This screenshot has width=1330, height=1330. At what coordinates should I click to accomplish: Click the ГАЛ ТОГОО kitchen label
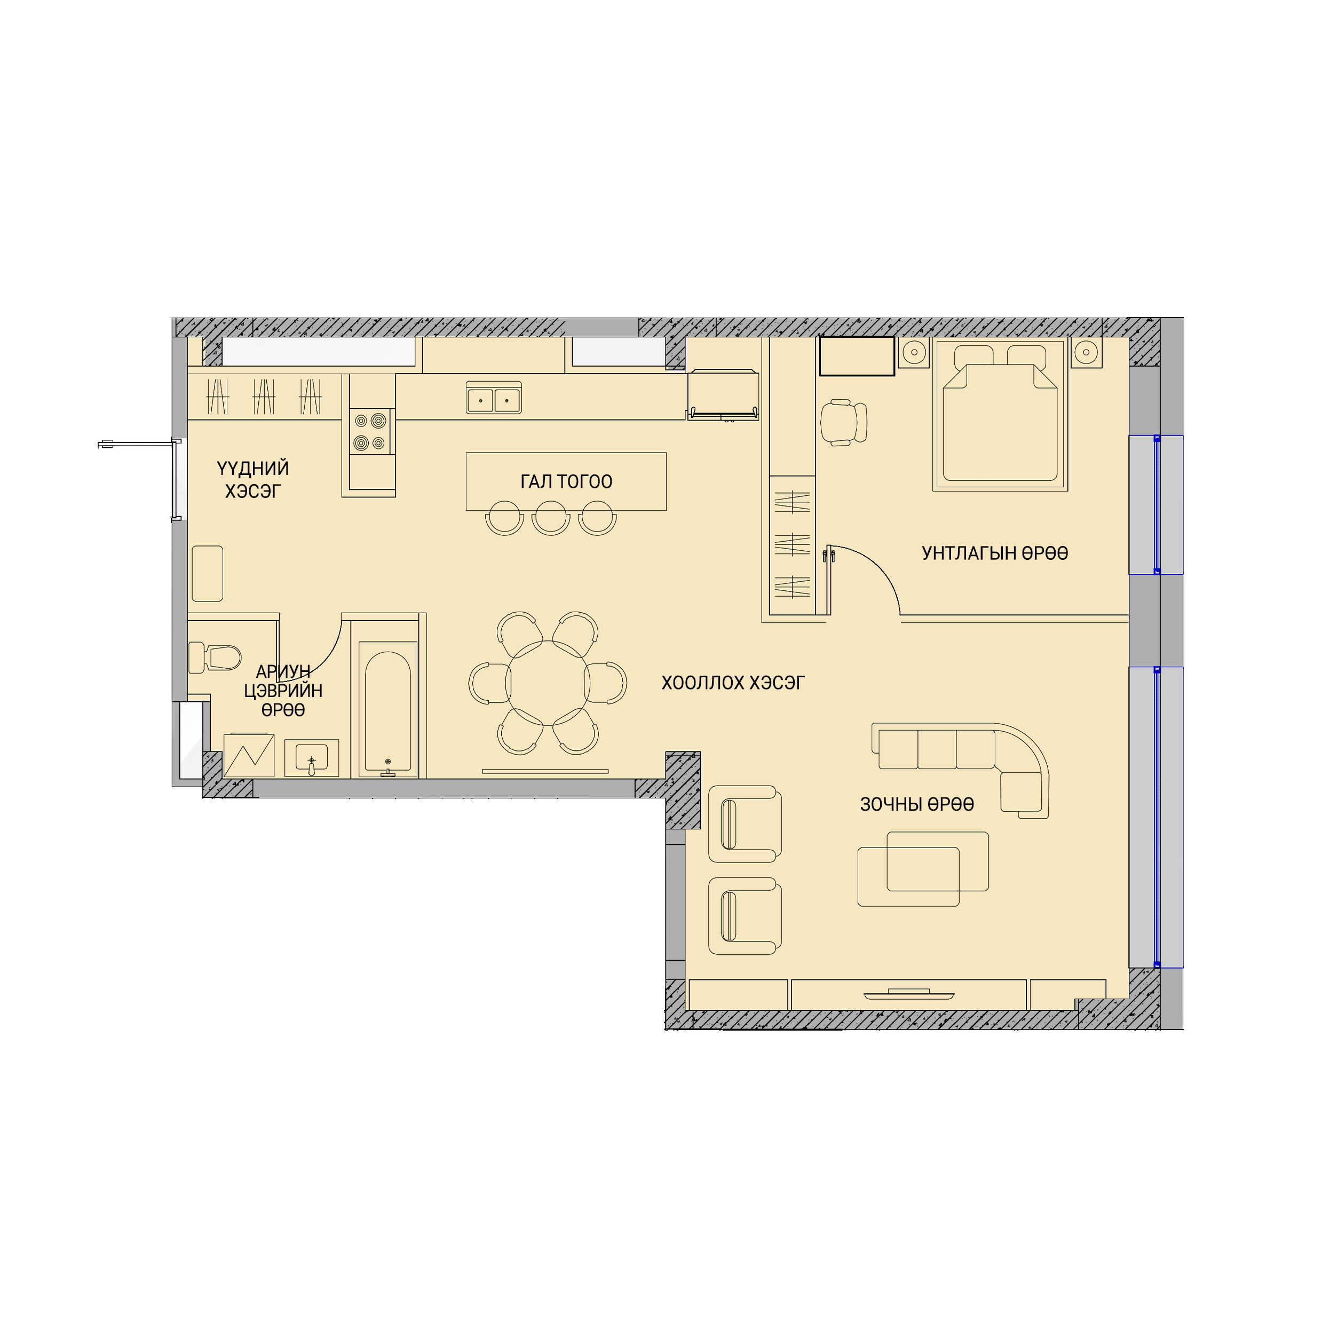(566, 481)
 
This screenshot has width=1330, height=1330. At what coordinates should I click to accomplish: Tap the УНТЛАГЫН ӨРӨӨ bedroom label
(995, 553)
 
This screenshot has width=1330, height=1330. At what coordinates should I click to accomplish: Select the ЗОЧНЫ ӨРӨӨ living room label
(917, 804)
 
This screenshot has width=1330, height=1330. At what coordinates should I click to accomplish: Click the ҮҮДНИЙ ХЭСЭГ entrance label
(252, 480)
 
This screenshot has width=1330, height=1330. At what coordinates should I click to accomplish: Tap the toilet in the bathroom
(214, 658)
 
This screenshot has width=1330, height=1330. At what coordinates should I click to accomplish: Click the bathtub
(388, 710)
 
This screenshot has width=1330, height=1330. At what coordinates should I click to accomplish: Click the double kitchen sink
(494, 398)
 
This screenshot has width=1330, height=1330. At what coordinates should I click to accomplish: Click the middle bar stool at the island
(551, 518)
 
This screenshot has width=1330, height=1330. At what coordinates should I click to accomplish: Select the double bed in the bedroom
(1000, 414)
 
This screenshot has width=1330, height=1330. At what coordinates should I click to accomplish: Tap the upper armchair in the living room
(745, 824)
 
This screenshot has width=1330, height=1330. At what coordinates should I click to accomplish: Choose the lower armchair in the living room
(745, 916)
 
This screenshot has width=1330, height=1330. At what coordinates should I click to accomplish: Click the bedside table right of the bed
(1086, 352)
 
